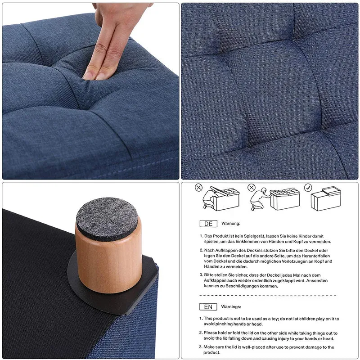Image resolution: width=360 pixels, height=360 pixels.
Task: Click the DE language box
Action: click(208, 224)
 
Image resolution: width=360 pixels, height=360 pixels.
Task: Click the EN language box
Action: click(208, 307)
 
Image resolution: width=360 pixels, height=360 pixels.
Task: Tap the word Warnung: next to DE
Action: click(231, 223)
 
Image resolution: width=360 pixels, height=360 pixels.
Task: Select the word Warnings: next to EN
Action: click(231, 306)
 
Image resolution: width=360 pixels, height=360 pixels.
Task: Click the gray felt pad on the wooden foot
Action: click(107, 219)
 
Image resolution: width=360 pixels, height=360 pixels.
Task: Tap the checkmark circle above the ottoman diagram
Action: click(308, 188)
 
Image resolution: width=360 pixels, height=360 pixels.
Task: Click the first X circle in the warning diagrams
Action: click(198, 188)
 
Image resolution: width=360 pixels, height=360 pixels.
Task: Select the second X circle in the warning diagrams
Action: click(252, 188)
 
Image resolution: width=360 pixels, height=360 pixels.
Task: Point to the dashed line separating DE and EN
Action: click(268, 296)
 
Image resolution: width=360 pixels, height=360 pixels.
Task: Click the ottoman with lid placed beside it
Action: click(326, 198)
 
